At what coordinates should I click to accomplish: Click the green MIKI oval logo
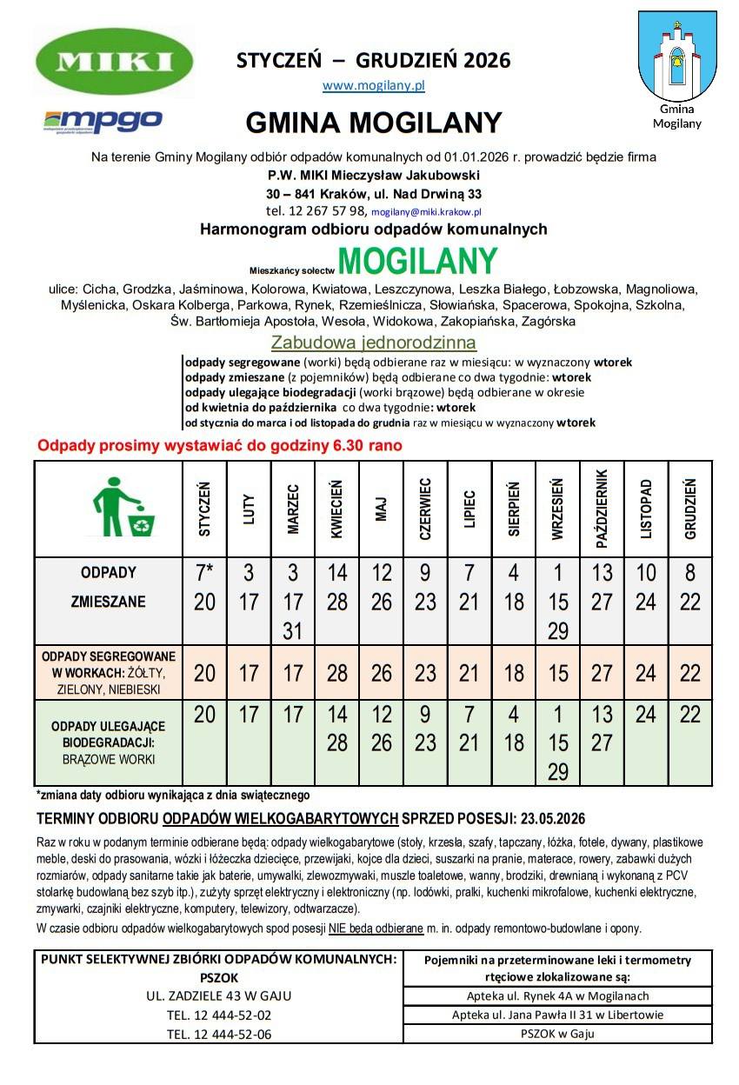coord(115,62)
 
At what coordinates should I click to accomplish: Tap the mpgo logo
coord(103,120)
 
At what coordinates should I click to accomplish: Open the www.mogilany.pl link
coord(373,86)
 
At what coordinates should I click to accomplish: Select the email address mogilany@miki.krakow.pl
coord(426,211)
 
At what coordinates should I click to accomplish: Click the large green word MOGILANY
coord(417,261)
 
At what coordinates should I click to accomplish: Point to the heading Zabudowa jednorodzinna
coord(373,343)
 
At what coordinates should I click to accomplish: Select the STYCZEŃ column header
coord(205,509)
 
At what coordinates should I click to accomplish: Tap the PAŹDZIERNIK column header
coord(602,509)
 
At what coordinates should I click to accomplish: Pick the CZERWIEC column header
coord(425,509)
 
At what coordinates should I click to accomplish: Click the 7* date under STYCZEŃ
coord(205,574)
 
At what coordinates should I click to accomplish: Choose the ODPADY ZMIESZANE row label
coord(109,588)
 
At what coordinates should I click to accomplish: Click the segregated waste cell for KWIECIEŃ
coord(337,673)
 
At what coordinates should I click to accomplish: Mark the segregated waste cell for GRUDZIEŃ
coord(690,673)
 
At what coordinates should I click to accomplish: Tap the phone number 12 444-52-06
coord(219,1034)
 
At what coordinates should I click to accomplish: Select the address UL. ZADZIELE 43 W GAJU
coord(219,995)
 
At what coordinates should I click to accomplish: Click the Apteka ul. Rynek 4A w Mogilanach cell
coord(557,996)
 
